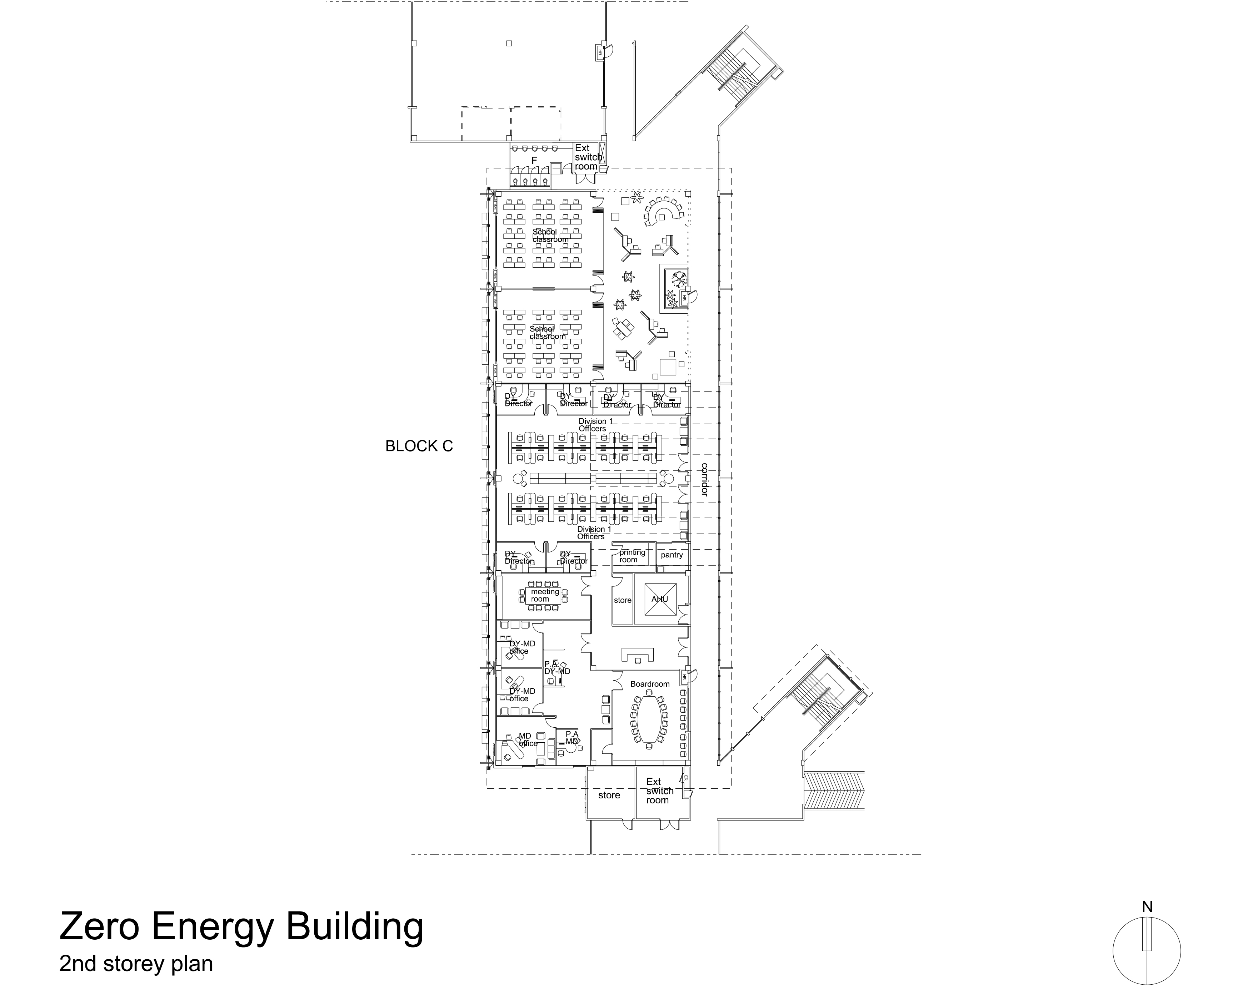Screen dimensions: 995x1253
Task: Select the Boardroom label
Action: tap(650, 684)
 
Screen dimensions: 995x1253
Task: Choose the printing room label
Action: tap(632, 556)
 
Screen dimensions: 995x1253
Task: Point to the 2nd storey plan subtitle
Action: tap(136, 964)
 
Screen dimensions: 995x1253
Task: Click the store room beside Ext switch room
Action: tap(609, 795)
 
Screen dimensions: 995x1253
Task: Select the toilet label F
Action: tap(534, 160)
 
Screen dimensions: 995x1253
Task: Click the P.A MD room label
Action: tap(571, 738)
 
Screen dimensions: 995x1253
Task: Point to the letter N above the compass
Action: tap(1147, 907)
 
